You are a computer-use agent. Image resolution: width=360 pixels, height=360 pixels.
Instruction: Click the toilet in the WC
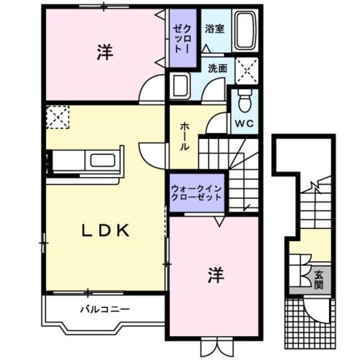[245, 103]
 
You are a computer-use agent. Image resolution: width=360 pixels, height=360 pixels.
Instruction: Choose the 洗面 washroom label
[217, 69]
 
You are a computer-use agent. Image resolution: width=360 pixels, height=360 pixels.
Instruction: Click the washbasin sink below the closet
[180, 87]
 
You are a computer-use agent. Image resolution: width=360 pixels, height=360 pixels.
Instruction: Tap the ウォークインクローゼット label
[196, 193]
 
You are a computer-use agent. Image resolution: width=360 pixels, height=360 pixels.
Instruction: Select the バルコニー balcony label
[105, 309]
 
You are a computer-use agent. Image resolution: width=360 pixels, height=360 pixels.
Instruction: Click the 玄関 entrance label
[319, 279]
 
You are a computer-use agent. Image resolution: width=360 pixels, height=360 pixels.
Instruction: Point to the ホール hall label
[184, 137]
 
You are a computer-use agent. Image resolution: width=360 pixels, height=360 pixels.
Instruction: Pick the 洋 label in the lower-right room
[215, 276]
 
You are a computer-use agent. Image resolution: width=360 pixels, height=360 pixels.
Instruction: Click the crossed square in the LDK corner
[57, 118]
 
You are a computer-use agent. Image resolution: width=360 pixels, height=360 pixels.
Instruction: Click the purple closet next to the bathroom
[183, 37]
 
